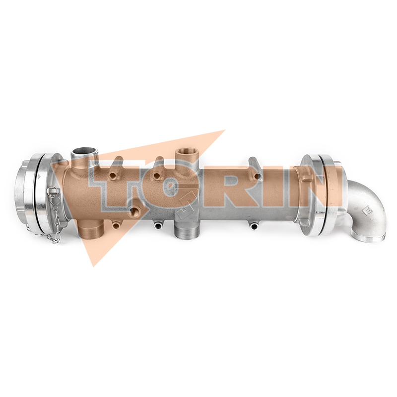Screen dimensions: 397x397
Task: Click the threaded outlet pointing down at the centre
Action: (187, 229)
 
